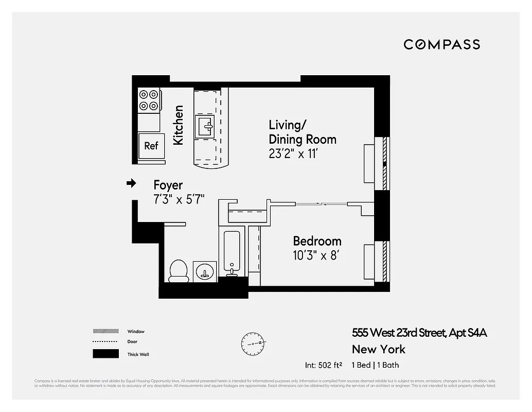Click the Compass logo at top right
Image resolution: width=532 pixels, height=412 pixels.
tap(441, 44)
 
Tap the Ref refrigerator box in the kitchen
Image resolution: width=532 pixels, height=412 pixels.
tap(151, 146)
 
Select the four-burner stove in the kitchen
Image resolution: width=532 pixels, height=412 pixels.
tap(149, 100)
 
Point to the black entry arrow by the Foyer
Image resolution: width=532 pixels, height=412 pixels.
tap(131, 183)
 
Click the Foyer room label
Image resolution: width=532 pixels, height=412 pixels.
tap(168, 185)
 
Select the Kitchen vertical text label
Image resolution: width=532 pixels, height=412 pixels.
tap(178, 125)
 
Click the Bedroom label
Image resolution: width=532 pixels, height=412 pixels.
tap(317, 241)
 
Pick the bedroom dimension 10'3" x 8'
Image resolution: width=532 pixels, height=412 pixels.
tap(315, 255)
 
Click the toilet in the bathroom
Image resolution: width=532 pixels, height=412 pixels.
tap(179, 270)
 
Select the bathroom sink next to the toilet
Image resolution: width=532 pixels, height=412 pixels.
tap(205, 271)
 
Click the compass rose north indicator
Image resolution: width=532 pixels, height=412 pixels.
tap(254, 342)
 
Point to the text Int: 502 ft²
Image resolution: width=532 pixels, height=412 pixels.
tap(324, 365)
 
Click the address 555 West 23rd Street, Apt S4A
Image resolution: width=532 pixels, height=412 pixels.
tap(419, 333)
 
